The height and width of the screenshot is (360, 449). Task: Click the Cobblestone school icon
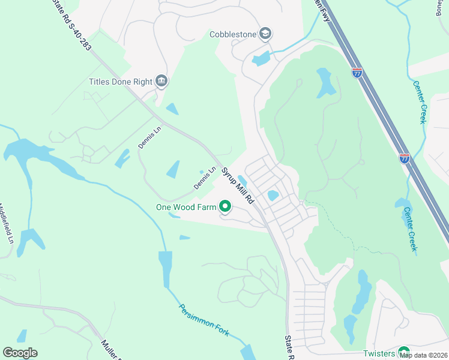[265, 34]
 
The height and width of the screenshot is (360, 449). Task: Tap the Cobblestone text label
[233, 34]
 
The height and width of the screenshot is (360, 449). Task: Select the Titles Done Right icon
[161, 81]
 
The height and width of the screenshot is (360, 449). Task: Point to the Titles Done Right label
[120, 82]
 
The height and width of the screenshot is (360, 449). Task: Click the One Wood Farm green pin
[225, 208]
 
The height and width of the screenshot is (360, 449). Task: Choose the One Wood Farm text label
[185, 208]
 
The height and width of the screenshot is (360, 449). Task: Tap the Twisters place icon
[403, 353]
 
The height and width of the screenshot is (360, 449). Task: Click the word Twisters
[379, 354]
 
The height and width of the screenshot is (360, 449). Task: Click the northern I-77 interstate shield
[357, 73]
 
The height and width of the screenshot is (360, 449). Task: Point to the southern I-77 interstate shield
[405, 158]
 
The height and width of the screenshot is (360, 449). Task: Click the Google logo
[20, 353]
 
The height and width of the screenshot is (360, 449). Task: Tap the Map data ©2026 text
[423, 355]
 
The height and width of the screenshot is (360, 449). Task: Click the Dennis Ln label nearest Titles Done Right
[150, 137]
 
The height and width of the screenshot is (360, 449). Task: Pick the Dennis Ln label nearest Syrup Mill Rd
[204, 179]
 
